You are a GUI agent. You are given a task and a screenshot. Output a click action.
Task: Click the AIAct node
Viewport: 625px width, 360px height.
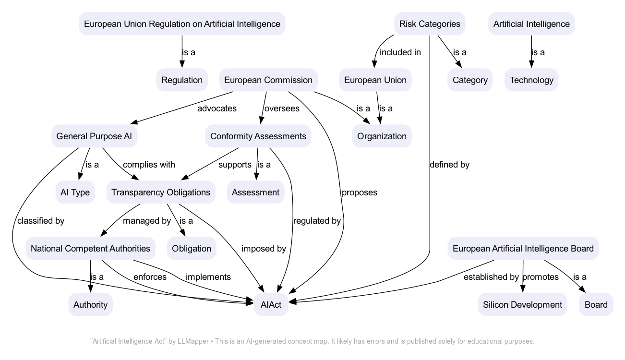pos(271,305)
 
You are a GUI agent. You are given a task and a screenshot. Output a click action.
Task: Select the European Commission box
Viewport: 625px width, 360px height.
pos(268,80)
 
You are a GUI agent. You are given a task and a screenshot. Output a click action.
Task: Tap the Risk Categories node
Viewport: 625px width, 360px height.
pos(430,24)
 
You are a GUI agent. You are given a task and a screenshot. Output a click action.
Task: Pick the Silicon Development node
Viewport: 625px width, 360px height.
pos(522,305)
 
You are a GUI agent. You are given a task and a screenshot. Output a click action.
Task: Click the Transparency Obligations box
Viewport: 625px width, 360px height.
pos(161,192)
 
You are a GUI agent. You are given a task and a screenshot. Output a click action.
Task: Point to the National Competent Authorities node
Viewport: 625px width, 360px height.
pos(90,249)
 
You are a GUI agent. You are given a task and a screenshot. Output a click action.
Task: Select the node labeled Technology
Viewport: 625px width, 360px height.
pos(531,80)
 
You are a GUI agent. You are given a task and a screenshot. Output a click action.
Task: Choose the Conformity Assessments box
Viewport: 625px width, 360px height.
pos(258,136)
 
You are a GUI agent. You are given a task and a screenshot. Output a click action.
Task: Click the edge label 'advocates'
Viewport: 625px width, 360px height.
pos(217,108)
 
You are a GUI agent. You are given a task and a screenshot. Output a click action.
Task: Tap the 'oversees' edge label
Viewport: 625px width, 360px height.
pos(282,108)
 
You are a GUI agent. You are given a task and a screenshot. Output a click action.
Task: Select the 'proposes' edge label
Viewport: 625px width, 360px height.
pos(359,192)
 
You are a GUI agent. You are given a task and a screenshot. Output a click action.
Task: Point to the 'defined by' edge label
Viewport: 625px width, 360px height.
pos(449,165)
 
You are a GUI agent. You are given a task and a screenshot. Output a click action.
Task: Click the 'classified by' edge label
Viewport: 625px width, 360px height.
pos(41,221)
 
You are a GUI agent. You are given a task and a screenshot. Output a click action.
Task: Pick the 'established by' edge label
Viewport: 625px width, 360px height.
pos(491,277)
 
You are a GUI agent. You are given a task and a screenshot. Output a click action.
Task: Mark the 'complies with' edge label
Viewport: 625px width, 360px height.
pos(149,165)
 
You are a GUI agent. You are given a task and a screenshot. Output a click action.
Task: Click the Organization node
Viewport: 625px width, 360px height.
pos(382,136)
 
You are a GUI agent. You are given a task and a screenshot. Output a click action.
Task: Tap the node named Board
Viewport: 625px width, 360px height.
pos(596,305)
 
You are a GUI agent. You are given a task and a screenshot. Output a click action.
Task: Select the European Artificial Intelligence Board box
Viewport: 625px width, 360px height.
pos(523,249)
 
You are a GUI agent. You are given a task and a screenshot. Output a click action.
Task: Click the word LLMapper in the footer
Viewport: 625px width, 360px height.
pos(192,341)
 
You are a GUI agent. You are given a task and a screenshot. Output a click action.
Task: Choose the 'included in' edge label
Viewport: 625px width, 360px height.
pos(400,52)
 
